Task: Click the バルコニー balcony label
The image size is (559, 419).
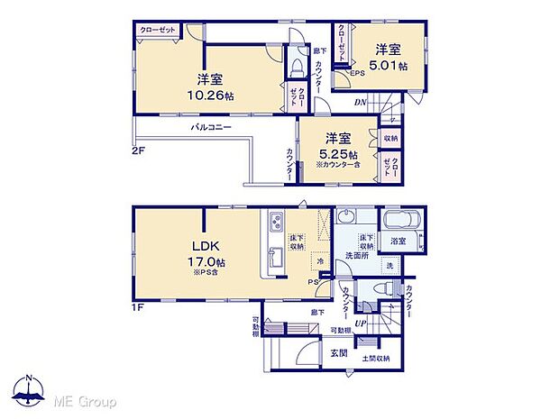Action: [211, 129]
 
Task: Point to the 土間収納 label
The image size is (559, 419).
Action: [376, 359]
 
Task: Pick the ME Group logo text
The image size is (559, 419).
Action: [85, 400]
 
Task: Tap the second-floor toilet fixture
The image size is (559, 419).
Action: [297, 70]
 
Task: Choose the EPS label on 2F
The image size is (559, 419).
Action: [358, 74]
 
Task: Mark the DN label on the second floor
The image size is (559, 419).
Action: [360, 102]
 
